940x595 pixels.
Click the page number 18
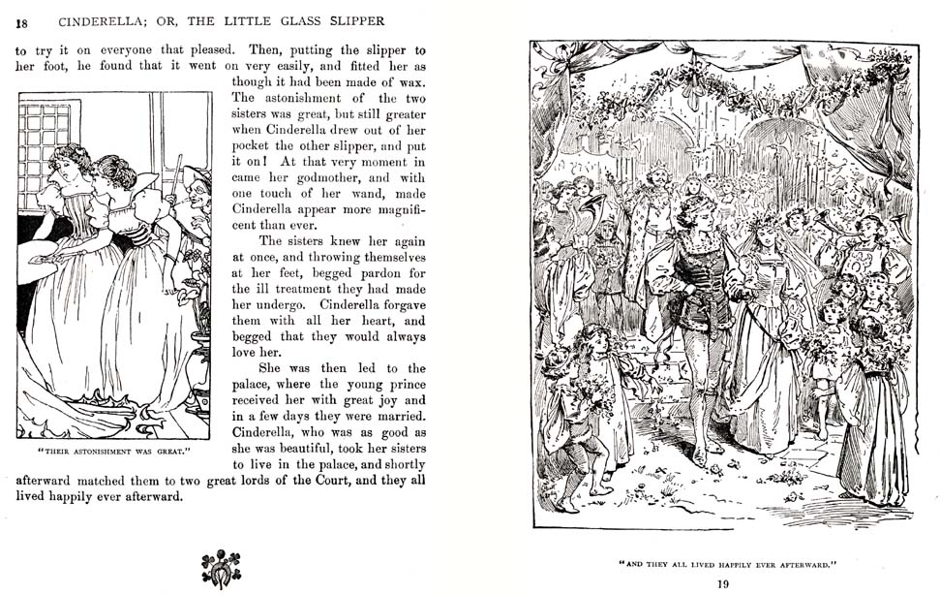(22, 22)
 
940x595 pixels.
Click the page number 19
(722, 583)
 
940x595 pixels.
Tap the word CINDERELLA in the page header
(103, 21)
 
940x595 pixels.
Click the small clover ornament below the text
(221, 569)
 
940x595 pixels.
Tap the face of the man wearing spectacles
(199, 194)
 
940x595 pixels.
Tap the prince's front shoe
(698, 455)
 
